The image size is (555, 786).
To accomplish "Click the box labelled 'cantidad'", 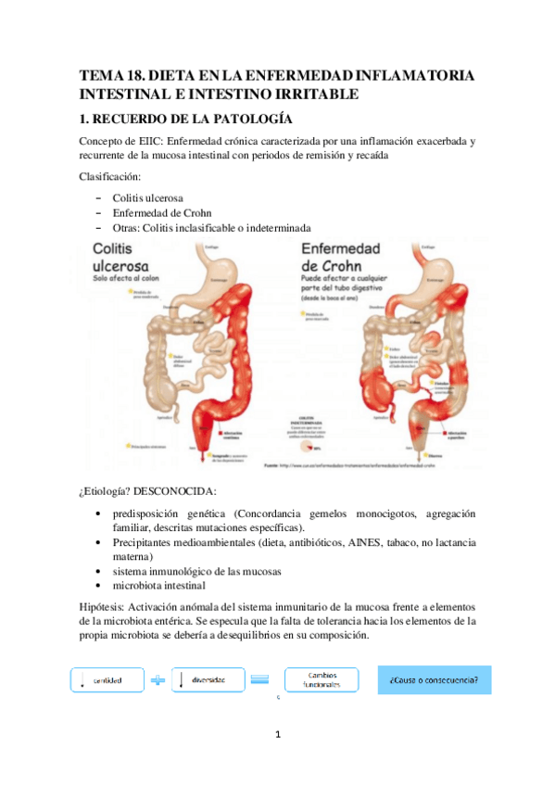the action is pos(108,679).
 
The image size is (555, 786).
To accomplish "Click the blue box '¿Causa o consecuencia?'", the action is pos(434,679).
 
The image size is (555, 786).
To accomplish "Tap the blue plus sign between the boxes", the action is pos(158,679).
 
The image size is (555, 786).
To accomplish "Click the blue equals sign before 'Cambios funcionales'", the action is pos(260,679).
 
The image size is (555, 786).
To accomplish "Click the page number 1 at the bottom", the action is pos(277,736).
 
